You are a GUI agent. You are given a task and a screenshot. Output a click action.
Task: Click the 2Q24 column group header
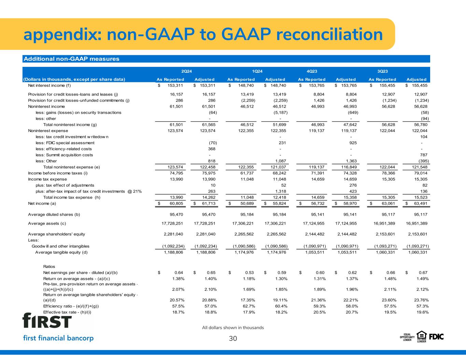click(x=186, y=71)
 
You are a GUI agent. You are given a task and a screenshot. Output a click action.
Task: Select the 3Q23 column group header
click(x=382, y=71)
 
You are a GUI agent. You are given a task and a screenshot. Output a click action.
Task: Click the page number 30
click(x=233, y=339)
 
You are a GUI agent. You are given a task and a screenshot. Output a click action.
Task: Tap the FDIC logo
click(x=436, y=337)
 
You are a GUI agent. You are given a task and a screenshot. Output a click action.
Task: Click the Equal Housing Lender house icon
click(x=421, y=336)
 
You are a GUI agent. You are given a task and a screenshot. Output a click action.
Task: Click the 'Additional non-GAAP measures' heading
click(x=71, y=59)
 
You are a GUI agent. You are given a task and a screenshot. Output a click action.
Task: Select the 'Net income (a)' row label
click(x=42, y=203)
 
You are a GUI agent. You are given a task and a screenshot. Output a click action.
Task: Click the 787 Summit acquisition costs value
click(x=424, y=155)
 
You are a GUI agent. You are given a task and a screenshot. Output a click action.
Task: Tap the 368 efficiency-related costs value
click(x=212, y=149)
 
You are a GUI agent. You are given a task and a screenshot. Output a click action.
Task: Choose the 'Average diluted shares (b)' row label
click(x=54, y=215)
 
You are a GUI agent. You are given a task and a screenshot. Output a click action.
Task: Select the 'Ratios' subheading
click(x=49, y=267)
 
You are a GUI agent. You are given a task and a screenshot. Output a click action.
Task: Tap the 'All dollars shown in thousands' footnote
click(x=233, y=328)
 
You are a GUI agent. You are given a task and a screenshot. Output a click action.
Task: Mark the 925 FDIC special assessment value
click(x=353, y=143)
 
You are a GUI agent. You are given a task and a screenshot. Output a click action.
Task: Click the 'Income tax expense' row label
click(x=47, y=179)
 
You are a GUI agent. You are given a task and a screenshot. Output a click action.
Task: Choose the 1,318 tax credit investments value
click(x=281, y=191)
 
